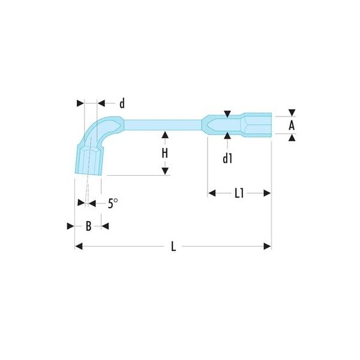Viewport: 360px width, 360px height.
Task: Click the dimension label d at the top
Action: coord(122,103)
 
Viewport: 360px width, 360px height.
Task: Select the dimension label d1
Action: coord(227,158)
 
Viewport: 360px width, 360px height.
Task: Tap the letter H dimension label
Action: coord(165,153)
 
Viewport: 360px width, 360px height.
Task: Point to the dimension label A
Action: coord(292,125)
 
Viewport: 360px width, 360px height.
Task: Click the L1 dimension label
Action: coord(239,193)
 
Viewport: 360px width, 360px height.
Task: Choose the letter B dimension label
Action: coord(88,226)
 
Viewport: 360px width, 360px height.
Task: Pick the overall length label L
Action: coord(173,247)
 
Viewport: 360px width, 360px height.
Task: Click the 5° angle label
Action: coord(113,203)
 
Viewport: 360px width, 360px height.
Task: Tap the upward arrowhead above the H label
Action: coord(165,135)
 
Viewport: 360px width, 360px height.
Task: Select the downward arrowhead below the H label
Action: coord(165,171)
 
